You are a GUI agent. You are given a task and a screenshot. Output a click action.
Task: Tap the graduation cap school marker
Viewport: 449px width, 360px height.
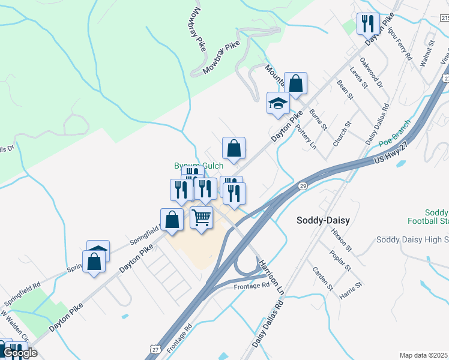tap(278, 103)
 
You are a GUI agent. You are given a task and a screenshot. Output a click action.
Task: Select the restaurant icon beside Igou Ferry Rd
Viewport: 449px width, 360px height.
tap(368, 23)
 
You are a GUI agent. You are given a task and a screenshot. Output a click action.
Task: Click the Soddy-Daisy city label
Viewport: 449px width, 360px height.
tap(323, 220)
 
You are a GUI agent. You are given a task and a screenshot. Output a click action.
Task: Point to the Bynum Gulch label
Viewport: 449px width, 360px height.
tap(198, 166)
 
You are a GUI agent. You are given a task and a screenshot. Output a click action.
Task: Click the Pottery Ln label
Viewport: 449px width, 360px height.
tap(305, 137)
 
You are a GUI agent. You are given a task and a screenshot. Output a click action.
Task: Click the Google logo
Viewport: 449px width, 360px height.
tap(19, 352)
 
